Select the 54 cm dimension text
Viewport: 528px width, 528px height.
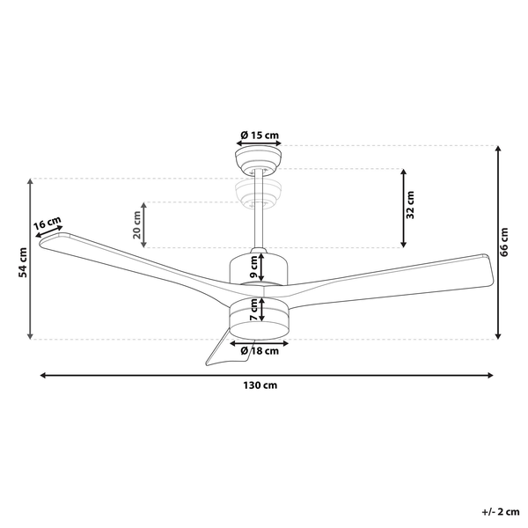click(23, 260)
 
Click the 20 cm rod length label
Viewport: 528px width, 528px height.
click(137, 226)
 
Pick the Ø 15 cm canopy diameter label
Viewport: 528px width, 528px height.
click(260, 135)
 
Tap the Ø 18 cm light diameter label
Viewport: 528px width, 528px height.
click(260, 350)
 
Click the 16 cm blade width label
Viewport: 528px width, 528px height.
click(48, 224)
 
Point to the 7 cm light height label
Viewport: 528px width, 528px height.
click(253, 310)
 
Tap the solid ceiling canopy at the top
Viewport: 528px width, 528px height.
click(260, 160)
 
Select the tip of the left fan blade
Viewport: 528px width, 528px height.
click(44, 240)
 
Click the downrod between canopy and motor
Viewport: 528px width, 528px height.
click(260, 224)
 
